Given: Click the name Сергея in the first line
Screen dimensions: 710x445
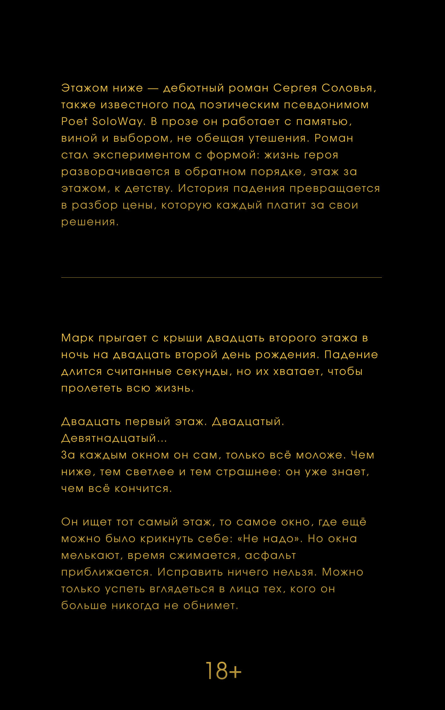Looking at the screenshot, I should pos(295,88).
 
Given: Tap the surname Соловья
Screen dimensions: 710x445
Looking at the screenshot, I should pos(347,88).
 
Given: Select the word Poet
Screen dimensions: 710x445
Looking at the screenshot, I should pos(74,121).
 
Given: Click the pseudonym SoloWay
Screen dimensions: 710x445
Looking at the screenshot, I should pos(117,121).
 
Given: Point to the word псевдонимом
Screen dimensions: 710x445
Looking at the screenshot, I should pos(326,105).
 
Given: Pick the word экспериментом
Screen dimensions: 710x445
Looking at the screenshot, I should pos(142,155).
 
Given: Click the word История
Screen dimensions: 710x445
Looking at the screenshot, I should pos(203,188).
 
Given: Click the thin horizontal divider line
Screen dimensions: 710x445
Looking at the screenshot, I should pos(221,277).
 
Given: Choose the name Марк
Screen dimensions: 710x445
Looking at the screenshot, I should pos(77,338).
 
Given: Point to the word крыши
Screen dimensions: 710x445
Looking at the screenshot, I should pos(183,338).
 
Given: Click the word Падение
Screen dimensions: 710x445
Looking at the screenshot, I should pos(351,355).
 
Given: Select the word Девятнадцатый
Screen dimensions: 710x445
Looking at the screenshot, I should pos(109,438).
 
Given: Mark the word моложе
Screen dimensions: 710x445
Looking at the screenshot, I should pos(319,455).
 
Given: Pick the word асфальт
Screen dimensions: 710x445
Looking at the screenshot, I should pos(270,555).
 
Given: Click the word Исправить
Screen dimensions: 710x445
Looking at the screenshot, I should pos(190,572).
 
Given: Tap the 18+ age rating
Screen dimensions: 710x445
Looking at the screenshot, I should pos(223,671).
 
